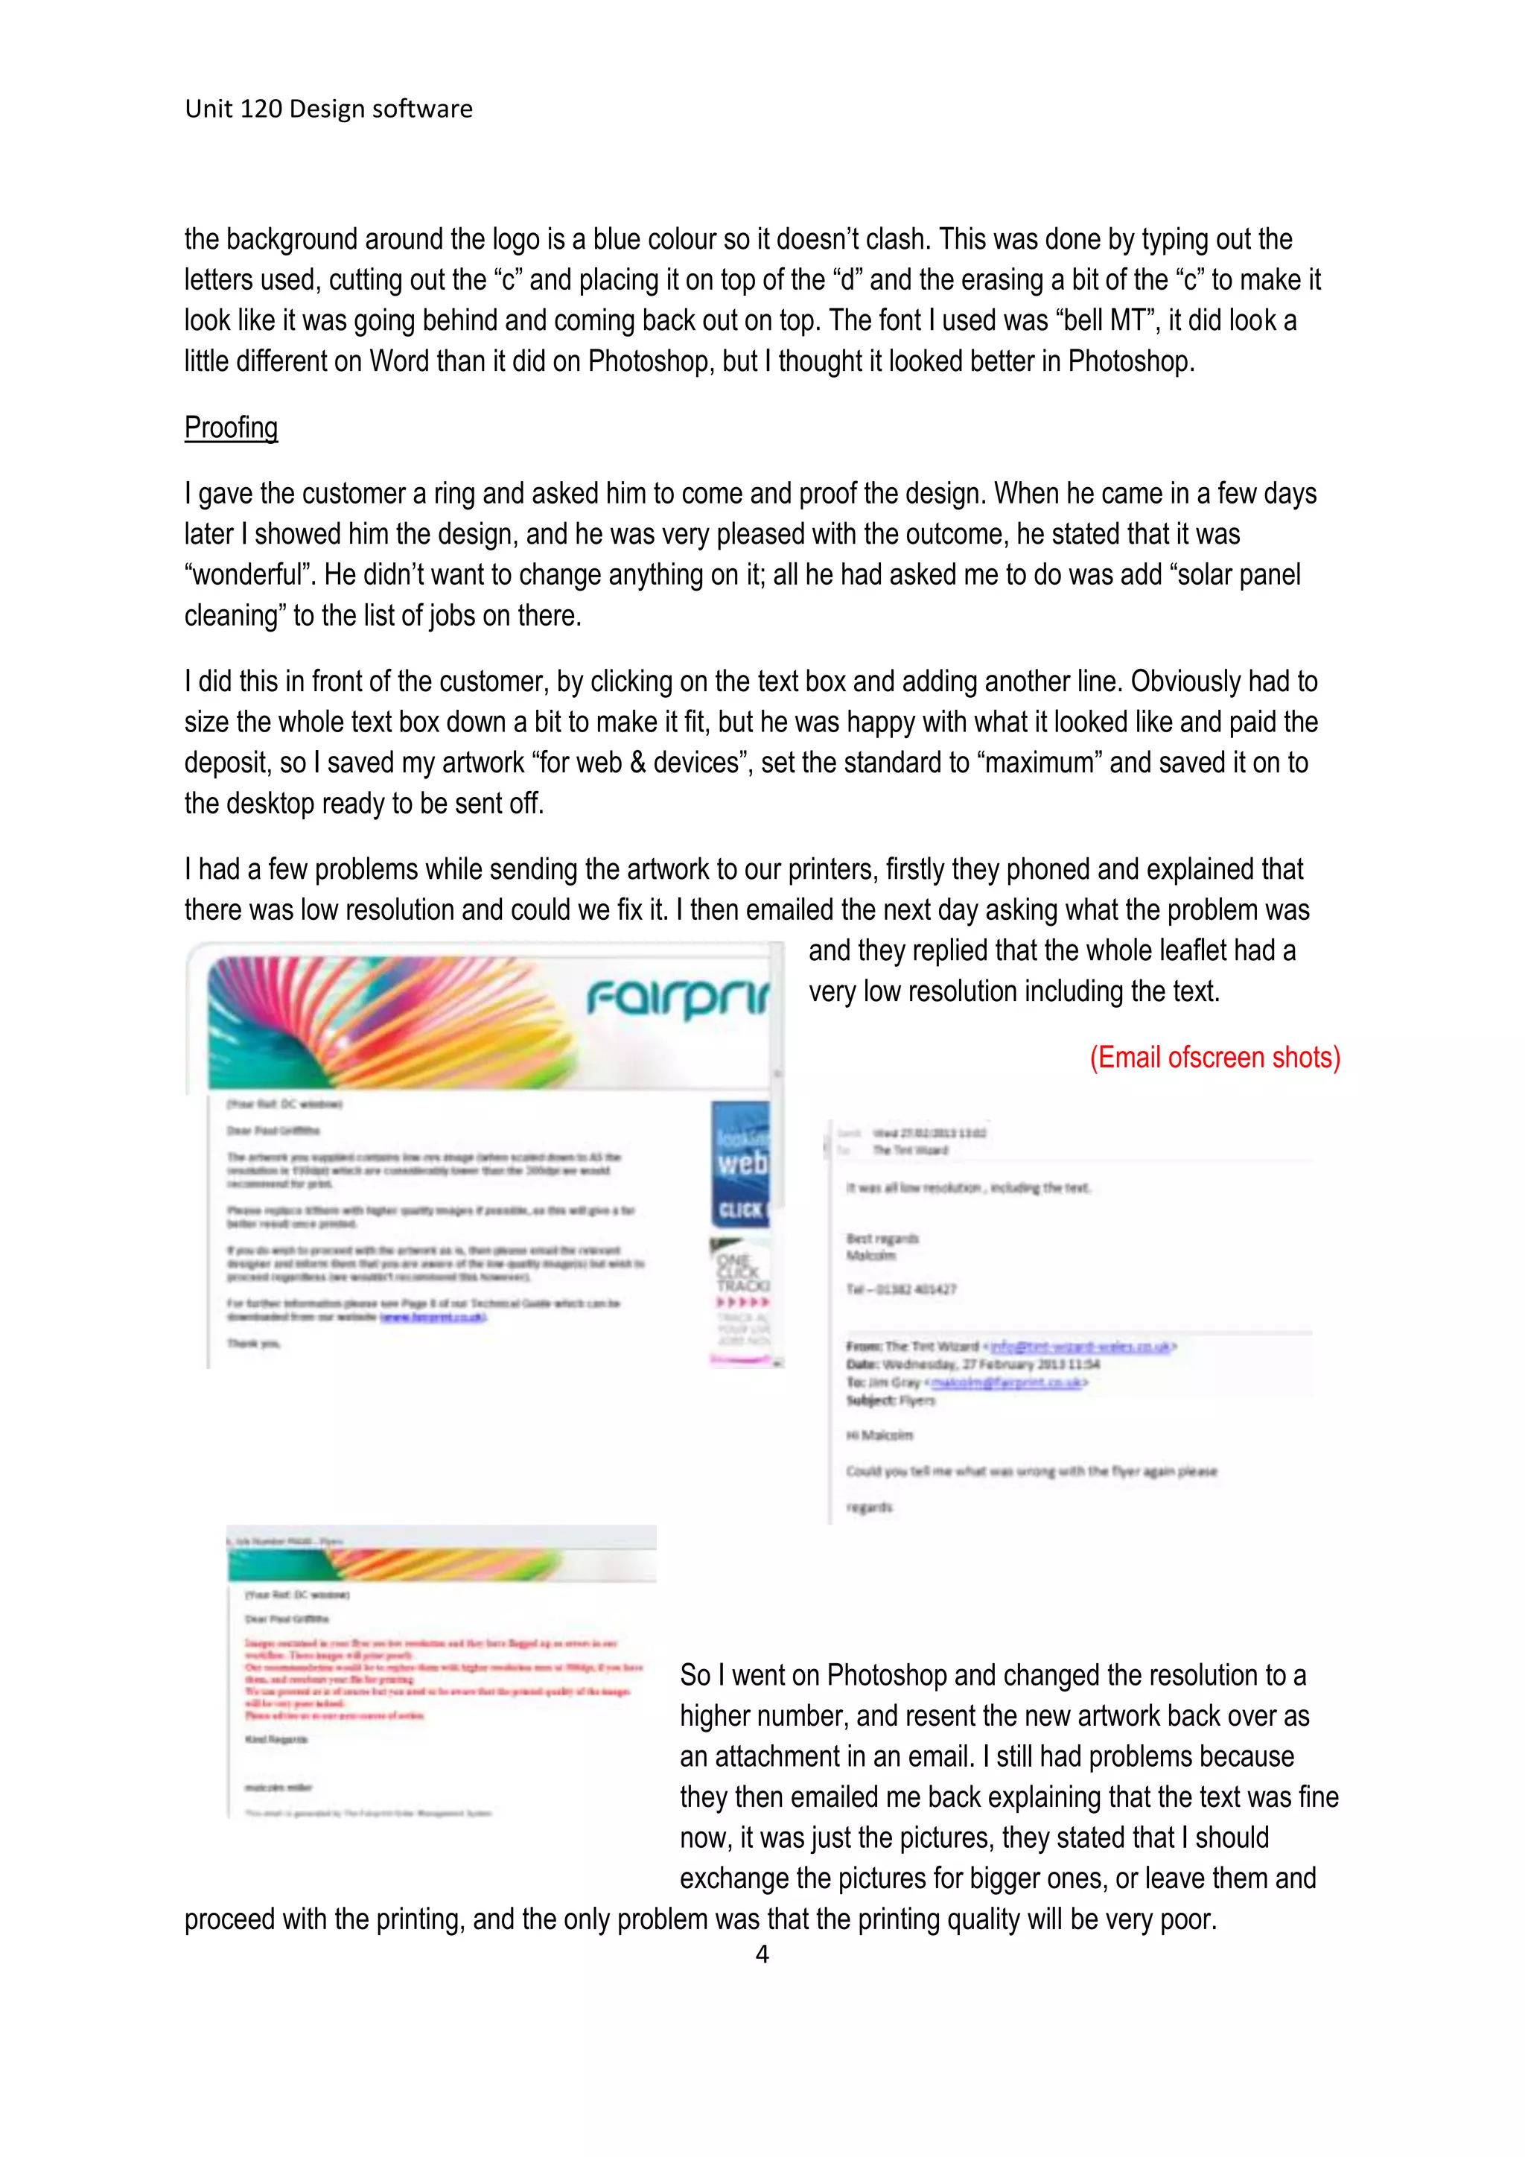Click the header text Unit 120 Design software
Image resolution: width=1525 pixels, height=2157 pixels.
(x=328, y=109)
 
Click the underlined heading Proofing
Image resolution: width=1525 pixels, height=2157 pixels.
(x=231, y=428)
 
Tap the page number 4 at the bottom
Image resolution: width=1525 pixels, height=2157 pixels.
(x=762, y=1954)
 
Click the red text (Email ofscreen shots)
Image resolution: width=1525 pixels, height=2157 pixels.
(x=1214, y=1058)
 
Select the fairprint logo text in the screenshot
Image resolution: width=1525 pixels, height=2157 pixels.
(x=676, y=998)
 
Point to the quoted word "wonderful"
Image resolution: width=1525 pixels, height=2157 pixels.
(x=249, y=575)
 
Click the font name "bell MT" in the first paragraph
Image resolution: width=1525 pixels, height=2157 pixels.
(x=1108, y=320)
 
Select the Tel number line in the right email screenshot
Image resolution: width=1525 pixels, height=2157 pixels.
(x=902, y=1289)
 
